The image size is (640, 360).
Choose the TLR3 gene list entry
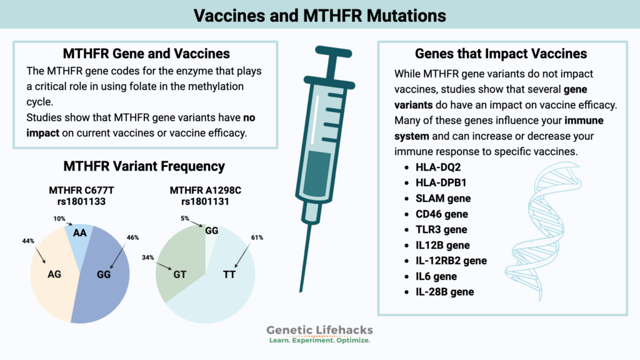[441, 229]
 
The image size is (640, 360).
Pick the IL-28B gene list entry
[444, 292]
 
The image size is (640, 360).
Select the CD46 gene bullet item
[441, 214]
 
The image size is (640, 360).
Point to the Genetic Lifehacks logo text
[319, 331]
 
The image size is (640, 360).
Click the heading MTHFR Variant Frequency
[144, 166]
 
